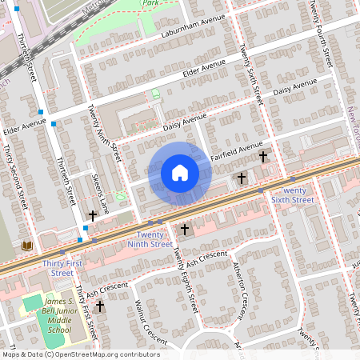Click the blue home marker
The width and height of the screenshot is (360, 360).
click(x=180, y=173)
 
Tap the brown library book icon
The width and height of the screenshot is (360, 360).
click(x=29, y=246)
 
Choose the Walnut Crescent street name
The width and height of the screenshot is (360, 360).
click(x=149, y=317)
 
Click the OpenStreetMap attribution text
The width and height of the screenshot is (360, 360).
click(x=80, y=354)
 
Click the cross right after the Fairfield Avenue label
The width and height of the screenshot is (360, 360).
click(x=262, y=157)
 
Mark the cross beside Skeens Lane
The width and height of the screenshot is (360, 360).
click(x=93, y=215)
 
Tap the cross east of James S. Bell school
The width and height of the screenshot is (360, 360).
click(x=100, y=306)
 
